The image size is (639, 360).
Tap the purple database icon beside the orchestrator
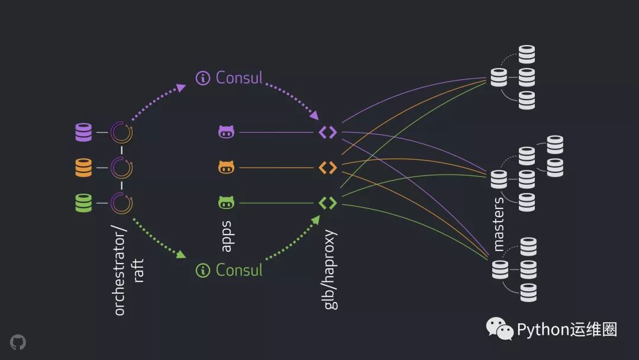83,133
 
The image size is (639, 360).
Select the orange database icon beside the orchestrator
83,168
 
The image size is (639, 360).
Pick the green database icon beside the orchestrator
83,203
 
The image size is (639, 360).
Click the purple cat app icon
226,132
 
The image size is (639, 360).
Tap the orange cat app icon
226,168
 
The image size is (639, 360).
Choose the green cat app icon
226,203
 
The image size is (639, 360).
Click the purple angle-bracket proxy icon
328,132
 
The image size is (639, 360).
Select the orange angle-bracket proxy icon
328,168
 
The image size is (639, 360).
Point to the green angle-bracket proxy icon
328,203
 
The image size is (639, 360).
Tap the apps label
226,236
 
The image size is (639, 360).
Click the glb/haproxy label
331,269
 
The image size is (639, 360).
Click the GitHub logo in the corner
18,342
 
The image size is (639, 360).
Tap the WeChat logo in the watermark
500,329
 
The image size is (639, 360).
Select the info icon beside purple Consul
203,78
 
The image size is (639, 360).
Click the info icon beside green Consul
203,271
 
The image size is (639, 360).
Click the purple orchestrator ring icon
122,133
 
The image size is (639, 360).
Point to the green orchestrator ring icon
122,203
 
